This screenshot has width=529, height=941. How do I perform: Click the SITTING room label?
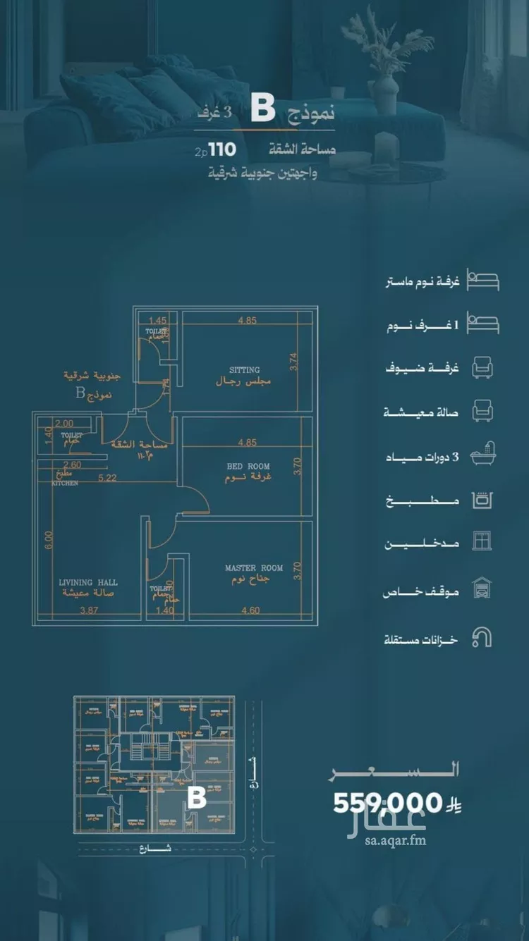[x=244, y=369]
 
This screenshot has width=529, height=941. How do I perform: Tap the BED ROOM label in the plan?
[x=248, y=467]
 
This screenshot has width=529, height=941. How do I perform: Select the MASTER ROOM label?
[x=254, y=568]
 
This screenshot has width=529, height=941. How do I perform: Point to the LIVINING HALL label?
[x=88, y=583]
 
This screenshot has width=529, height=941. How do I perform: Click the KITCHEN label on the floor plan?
[x=63, y=484]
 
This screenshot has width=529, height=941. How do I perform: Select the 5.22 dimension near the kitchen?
[x=107, y=478]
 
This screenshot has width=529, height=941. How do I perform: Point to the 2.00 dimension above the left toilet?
[x=64, y=424]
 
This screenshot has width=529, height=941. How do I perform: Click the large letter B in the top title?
[x=262, y=111]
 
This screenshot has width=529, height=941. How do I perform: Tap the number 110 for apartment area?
[x=221, y=149]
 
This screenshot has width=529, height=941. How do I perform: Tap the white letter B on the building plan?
[x=196, y=797]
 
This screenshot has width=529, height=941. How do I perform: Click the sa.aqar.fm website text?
[x=396, y=840]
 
